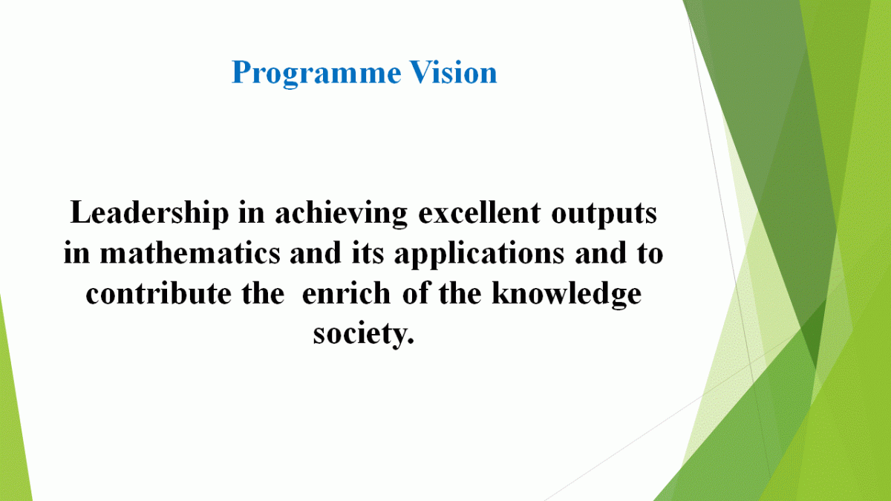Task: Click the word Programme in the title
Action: (316, 73)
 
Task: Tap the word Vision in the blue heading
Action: (454, 72)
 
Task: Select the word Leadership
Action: (149, 214)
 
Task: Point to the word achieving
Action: (342, 214)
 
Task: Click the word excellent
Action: (480, 213)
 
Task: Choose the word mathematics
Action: (190, 253)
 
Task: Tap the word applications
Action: (479, 255)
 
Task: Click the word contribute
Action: (159, 293)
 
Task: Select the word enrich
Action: (346, 293)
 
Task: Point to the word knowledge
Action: (567, 295)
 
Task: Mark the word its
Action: (368, 253)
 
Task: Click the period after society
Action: (410, 341)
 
